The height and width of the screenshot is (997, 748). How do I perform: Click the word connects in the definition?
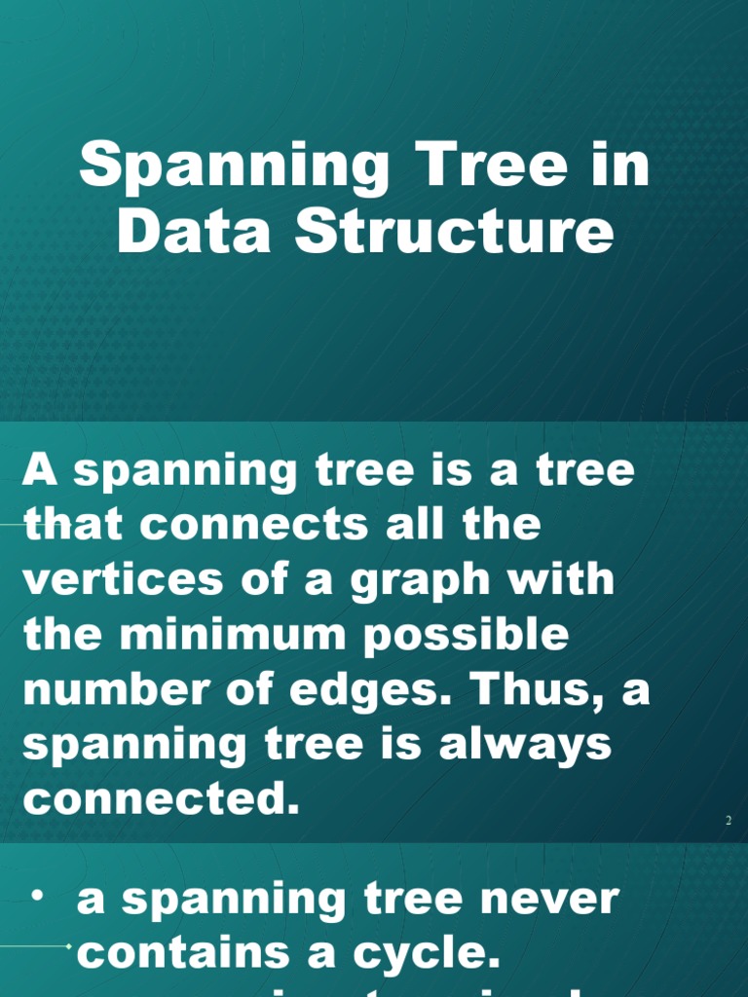(x=256, y=526)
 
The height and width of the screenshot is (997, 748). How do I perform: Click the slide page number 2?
(x=728, y=821)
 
